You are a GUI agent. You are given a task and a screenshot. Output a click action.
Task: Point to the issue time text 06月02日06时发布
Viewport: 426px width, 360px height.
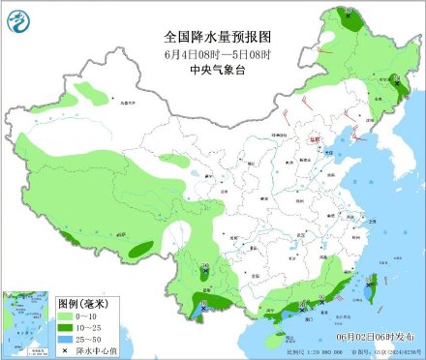(380, 335)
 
